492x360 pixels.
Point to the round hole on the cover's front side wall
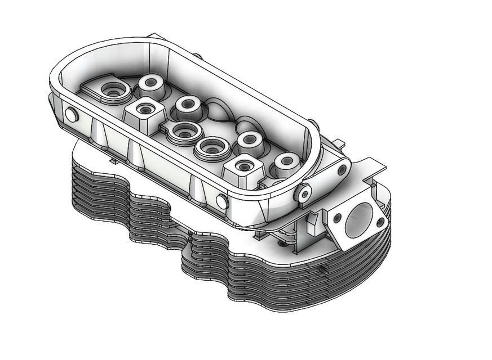click(x=221, y=200)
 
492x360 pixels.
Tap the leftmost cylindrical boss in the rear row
click(x=150, y=83)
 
